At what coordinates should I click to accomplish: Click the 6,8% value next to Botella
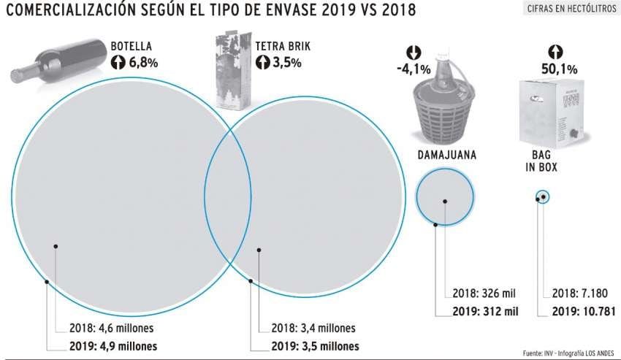143,63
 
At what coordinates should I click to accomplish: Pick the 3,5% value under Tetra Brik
287,63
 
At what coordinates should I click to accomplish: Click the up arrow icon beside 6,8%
118,63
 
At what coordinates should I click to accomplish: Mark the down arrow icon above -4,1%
413,53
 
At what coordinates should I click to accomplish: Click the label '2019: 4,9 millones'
107,345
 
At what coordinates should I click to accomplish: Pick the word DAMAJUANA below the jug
447,156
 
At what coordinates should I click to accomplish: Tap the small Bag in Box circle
542,196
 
